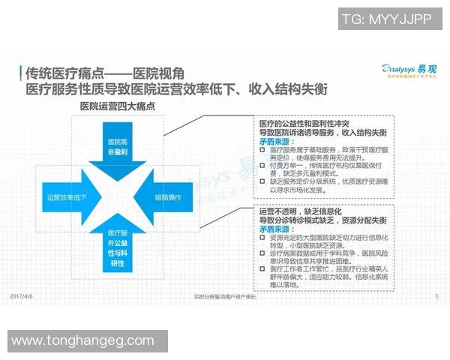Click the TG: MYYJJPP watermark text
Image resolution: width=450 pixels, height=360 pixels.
pos(386,19)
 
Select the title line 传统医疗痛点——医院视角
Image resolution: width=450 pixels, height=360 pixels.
pos(104,73)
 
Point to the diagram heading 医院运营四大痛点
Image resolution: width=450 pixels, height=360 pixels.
pos(118,107)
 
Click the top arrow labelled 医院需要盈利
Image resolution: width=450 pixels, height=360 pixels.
pos(118,145)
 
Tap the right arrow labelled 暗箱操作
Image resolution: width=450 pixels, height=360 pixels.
pos(168,198)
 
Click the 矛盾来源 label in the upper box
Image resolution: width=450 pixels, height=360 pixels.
pos(275,140)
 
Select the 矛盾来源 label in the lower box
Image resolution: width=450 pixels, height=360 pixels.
pos(275,230)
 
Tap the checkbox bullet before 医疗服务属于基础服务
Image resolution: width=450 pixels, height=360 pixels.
pos(262,149)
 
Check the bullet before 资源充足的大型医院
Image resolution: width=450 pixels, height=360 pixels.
pos(262,238)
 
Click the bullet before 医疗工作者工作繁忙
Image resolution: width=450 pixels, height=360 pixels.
pos(262,268)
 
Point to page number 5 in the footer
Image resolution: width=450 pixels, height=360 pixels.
pos(436,297)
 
